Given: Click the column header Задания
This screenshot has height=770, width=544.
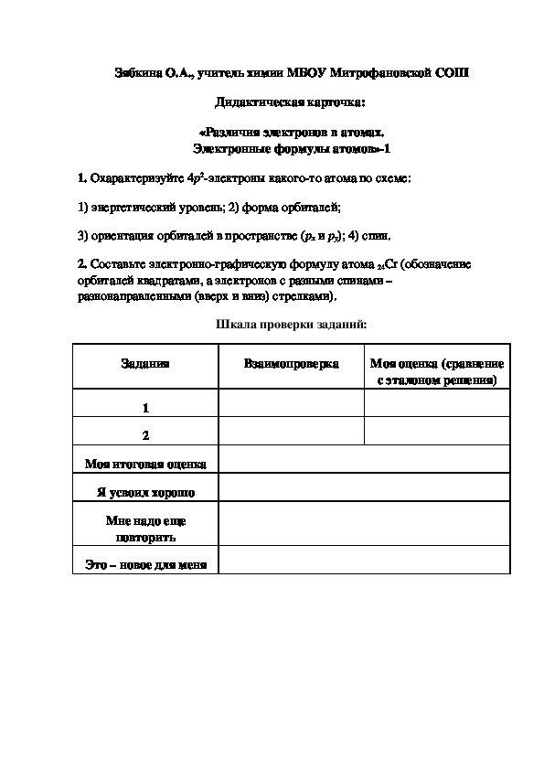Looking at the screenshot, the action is tap(144, 364).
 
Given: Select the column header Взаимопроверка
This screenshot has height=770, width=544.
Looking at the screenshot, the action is tap(292, 364).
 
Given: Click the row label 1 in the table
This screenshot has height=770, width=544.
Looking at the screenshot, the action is tap(144, 408).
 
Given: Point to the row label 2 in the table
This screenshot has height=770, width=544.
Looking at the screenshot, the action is tap(144, 435).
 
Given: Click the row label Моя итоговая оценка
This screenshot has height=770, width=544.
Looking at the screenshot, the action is tap(144, 464).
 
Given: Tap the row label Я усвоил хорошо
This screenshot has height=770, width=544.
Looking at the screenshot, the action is tap(144, 492).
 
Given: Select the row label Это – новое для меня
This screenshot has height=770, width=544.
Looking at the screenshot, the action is tap(144, 565).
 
